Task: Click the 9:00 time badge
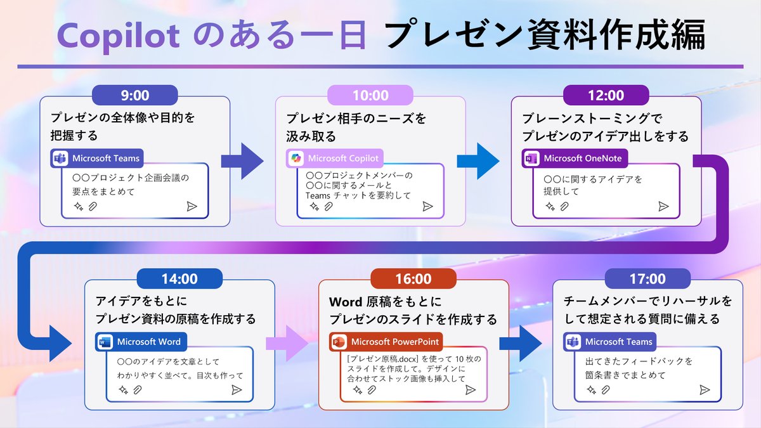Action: (134, 96)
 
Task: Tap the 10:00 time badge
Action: (370, 96)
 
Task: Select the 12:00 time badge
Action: (606, 96)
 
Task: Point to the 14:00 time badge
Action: (179, 279)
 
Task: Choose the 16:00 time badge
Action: (413, 279)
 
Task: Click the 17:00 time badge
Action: (647, 279)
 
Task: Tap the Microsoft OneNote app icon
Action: (531, 158)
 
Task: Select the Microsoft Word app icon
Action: (104, 342)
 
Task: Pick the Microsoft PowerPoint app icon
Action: (339, 342)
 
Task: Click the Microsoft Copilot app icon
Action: (296, 158)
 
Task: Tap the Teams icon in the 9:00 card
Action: (60, 158)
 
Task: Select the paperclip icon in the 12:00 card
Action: (564, 206)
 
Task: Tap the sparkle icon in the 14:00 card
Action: (123, 390)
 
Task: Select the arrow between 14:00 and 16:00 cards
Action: (287, 342)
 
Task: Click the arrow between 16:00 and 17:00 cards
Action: (521, 342)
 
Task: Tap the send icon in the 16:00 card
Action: (470, 390)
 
